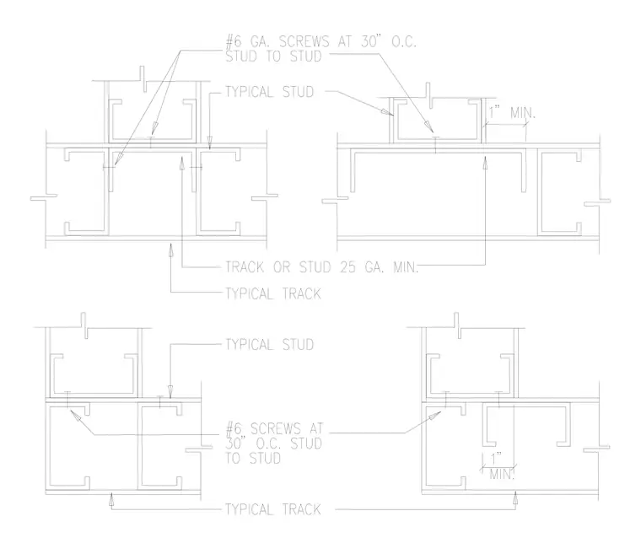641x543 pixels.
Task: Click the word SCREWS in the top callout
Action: tap(304, 41)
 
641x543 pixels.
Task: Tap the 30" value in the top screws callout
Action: tap(373, 41)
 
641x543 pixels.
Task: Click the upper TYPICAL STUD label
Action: tap(269, 92)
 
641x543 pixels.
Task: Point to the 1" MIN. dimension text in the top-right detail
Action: tap(512, 112)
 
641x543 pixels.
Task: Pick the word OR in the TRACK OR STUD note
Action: tap(282, 267)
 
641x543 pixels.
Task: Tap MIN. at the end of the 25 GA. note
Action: tap(406, 267)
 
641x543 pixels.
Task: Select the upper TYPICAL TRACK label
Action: tap(273, 293)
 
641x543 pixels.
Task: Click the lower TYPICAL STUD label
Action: tap(269, 344)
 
